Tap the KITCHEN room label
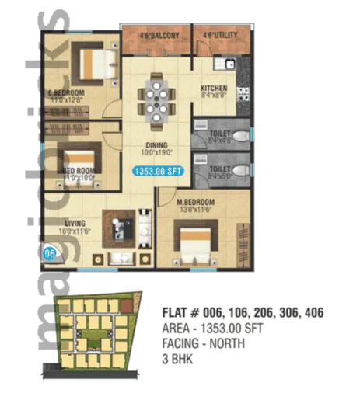pyautogui.click(x=213, y=88)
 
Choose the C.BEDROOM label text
pyautogui.click(x=65, y=92)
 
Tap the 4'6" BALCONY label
pyautogui.click(x=159, y=36)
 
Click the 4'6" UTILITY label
pyautogui.click(x=220, y=36)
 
